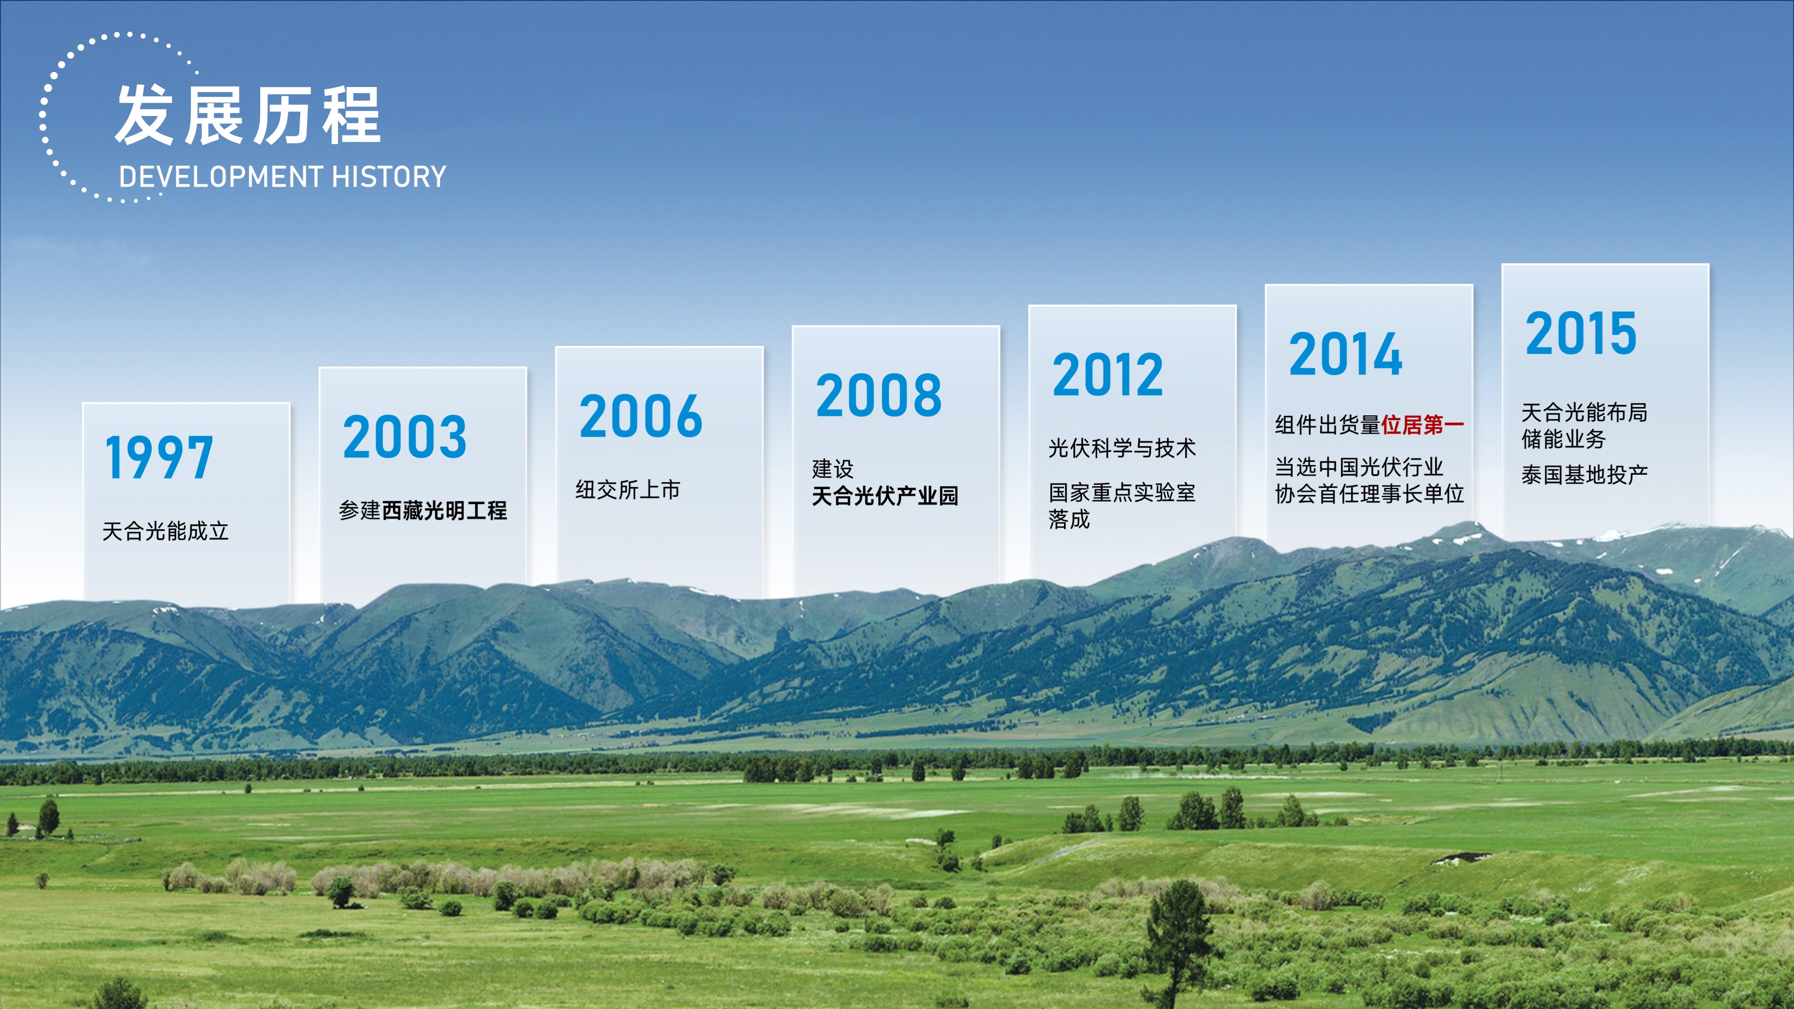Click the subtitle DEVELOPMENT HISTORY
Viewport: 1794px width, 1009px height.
pos(283,177)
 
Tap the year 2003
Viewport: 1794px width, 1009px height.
pos(405,437)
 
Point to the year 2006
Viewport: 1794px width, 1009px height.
pos(641,416)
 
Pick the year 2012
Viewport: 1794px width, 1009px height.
pos(1108,374)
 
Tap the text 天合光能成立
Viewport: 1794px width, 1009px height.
pos(166,531)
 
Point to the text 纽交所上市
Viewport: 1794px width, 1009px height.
pos(628,490)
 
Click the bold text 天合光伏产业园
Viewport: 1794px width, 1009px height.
pos(885,496)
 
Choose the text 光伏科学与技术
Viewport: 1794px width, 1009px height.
pos(1122,448)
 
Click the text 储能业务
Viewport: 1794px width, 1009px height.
pos(1563,439)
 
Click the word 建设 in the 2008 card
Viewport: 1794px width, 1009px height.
pos(833,468)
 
